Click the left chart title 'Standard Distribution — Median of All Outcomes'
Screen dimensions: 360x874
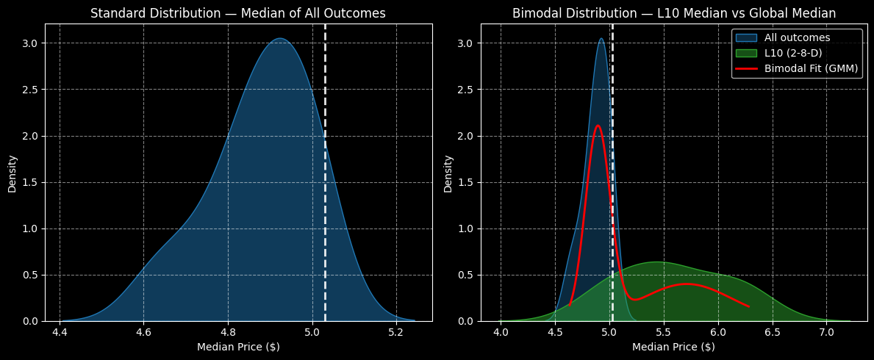237,13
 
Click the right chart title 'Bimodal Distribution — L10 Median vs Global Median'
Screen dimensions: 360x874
673,13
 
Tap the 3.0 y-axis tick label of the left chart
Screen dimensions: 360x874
31,43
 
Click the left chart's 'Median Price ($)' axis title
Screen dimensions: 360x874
237,347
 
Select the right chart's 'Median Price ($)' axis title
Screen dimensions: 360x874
673,347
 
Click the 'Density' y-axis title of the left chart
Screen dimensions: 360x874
12,173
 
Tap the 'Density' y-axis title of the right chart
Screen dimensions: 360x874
448,173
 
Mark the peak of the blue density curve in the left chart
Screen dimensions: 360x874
279,39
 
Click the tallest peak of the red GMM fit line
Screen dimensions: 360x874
598,126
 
